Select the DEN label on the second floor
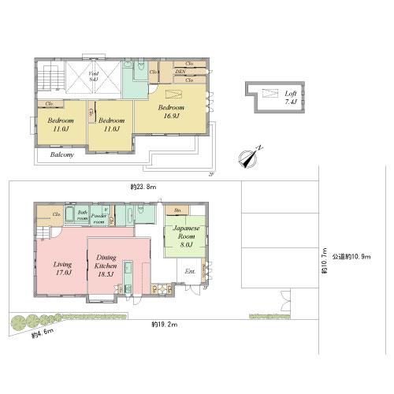point(180,72)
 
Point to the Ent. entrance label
point(189,272)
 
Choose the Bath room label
point(81,214)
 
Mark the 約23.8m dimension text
point(143,187)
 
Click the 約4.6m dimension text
point(41,336)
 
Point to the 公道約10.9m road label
point(351,256)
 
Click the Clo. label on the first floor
point(58,214)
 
